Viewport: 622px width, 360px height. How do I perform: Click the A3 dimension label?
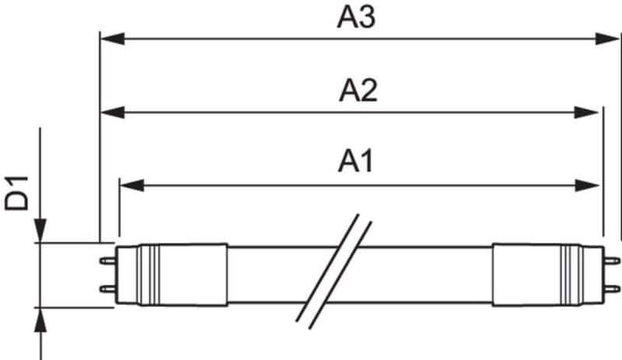pos(356,18)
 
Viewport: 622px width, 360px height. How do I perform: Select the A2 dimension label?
pos(358,91)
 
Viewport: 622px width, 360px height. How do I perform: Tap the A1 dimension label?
pos(356,162)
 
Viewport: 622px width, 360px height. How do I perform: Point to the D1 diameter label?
pos(17,193)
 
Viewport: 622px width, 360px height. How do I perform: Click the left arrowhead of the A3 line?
pos(113,39)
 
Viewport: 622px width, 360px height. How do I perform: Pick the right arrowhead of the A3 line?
pos(607,39)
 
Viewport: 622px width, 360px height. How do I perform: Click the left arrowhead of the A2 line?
pos(113,112)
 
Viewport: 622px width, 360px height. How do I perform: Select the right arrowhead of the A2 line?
pos(586,112)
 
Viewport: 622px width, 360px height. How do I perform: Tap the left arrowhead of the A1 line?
pos(131,185)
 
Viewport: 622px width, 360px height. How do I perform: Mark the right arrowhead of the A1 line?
pos(588,185)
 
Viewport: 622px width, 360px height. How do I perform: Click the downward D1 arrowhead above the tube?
pos(40,230)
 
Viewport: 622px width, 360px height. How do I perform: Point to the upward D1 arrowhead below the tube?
pos(40,320)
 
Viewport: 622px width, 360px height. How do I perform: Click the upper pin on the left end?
pos(107,260)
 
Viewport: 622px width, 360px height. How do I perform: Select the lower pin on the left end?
pos(107,288)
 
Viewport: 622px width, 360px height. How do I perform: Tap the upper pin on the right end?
pos(612,260)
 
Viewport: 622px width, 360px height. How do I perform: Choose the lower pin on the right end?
pos(612,288)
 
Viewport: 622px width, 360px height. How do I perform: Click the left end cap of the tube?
pos(171,274)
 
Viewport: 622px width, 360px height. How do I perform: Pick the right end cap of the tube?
pos(548,274)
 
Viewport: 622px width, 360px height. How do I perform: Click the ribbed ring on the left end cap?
pos(149,274)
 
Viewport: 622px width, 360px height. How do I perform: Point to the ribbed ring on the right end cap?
pos(571,274)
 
